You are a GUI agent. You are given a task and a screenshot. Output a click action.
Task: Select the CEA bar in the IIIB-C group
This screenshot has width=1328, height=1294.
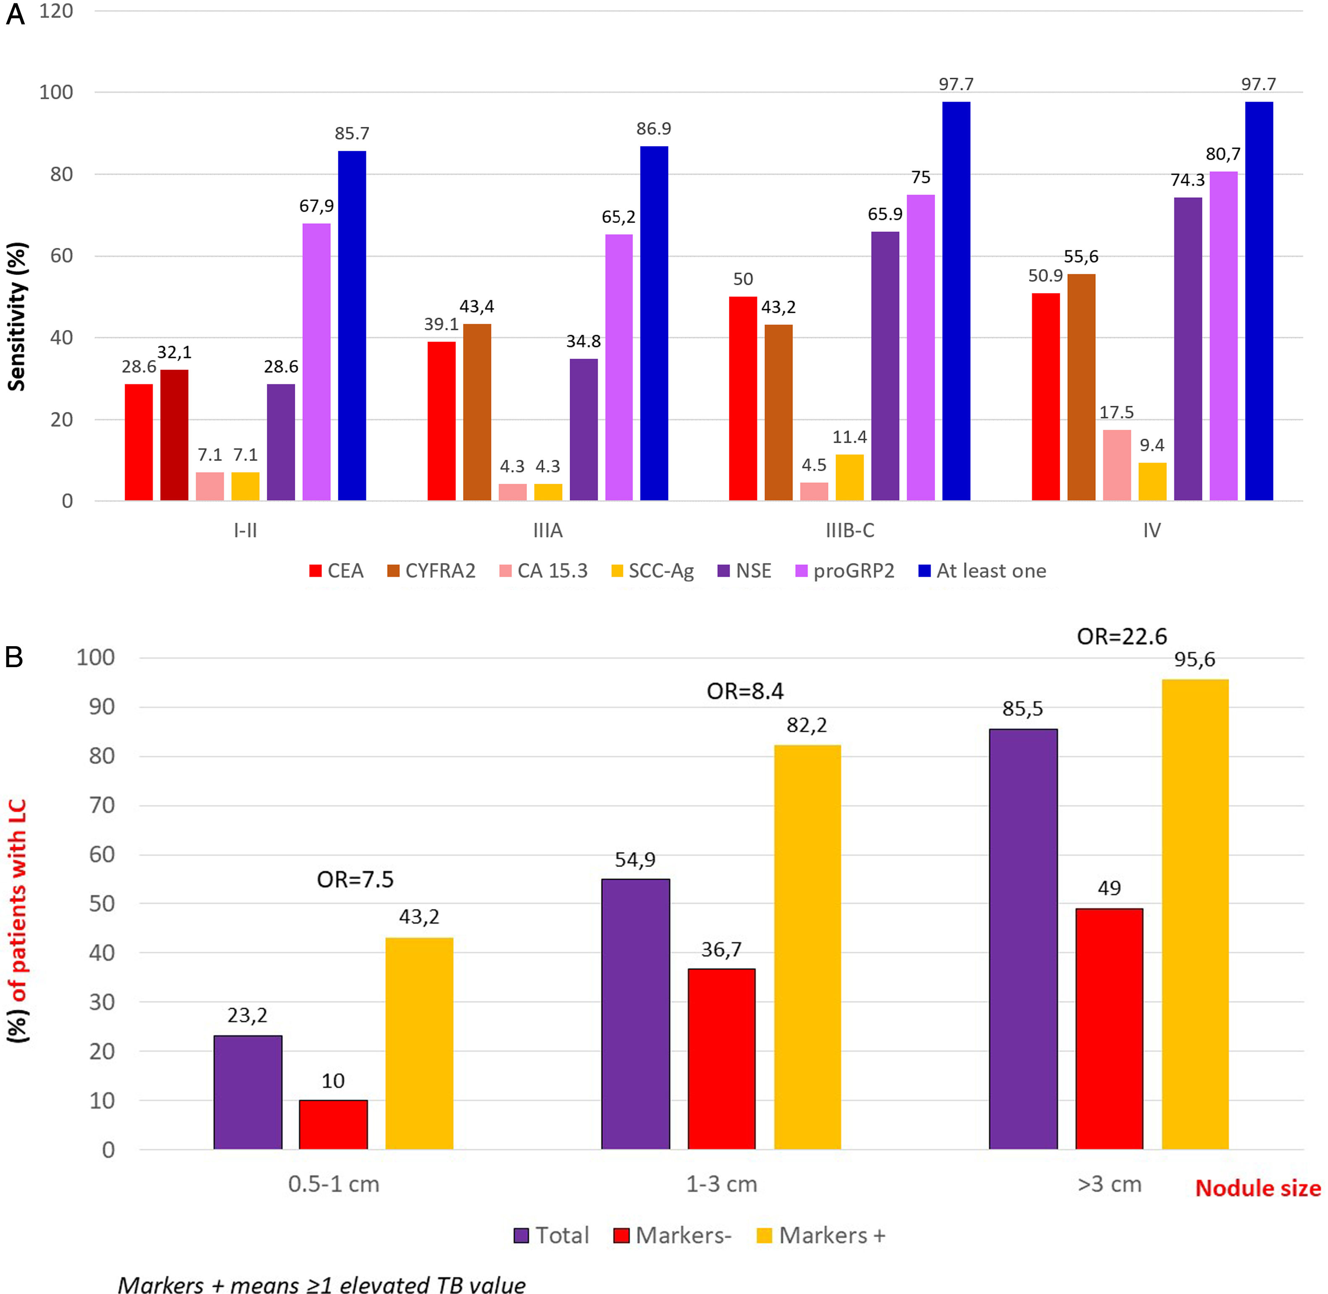point(742,398)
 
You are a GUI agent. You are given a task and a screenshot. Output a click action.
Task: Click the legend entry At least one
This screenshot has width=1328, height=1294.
point(982,571)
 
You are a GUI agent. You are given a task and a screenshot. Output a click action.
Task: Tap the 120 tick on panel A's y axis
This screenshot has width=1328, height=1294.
point(56,12)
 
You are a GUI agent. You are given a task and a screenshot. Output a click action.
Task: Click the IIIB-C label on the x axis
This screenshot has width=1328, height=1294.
point(849,530)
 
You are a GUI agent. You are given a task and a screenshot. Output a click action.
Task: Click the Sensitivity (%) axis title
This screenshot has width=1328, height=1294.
point(16,316)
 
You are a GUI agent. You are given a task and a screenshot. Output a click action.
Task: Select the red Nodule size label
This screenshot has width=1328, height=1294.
point(1257,1188)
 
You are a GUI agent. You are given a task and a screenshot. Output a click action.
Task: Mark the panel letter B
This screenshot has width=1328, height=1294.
point(14,657)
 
